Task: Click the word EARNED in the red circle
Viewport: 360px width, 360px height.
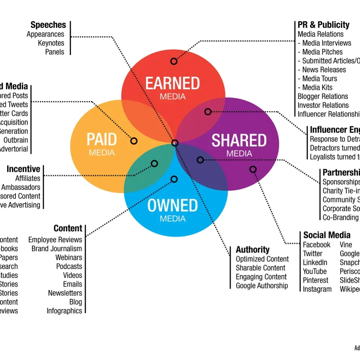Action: pos(172,83)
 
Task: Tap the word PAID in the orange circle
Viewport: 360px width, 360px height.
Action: pos(102,140)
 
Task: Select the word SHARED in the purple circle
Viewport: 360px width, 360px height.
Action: pos(239,140)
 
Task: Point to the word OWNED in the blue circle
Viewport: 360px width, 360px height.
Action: pos(172,206)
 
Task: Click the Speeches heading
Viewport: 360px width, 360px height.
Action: pos(48,25)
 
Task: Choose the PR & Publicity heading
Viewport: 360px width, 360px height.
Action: pos(323,25)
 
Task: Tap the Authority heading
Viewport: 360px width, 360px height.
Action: pos(252,250)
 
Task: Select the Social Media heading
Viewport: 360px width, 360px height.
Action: pos(327,235)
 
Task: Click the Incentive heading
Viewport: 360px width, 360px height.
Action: pos(23,169)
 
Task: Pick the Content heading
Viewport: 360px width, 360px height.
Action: pos(68,228)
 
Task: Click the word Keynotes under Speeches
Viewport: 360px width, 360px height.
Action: pos(51,43)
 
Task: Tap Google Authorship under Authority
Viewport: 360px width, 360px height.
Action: pos(262,286)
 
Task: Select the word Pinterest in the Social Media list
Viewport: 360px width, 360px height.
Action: pos(316,280)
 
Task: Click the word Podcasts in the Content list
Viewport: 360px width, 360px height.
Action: pos(69,266)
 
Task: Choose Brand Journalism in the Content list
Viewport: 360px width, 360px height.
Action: pos(57,249)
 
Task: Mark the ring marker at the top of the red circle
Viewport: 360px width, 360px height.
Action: pos(174,61)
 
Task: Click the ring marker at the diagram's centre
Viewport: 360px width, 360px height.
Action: pos(175,143)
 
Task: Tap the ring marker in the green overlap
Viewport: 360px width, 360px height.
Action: pos(154,164)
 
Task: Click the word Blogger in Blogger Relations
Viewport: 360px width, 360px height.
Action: pos(308,96)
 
